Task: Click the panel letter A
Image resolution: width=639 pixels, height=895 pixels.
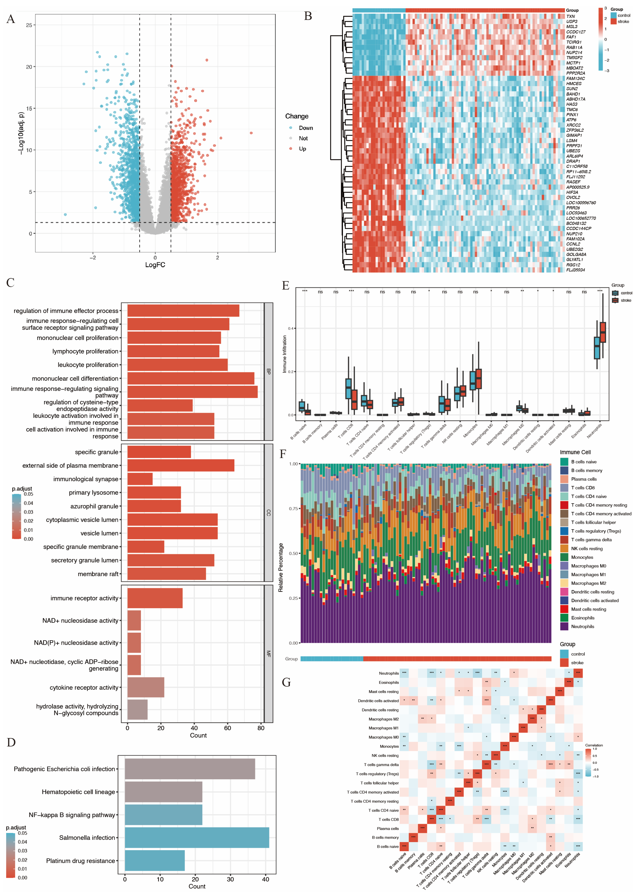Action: point(11,19)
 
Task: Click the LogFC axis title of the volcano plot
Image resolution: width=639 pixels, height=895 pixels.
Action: point(155,265)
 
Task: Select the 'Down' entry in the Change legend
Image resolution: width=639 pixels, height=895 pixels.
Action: point(305,128)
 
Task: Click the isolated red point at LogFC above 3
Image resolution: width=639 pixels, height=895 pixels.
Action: point(251,133)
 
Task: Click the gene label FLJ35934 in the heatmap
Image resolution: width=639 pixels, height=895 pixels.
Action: point(575,270)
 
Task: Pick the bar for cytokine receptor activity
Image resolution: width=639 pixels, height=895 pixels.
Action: point(146,687)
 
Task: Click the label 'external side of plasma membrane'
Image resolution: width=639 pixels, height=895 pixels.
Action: point(70,465)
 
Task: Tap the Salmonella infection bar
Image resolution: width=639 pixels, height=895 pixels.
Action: point(197,837)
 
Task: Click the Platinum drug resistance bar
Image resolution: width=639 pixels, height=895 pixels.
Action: point(155,861)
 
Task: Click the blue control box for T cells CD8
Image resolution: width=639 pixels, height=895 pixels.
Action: point(348,389)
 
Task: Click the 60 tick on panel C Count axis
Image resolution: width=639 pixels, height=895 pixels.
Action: point(227,728)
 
